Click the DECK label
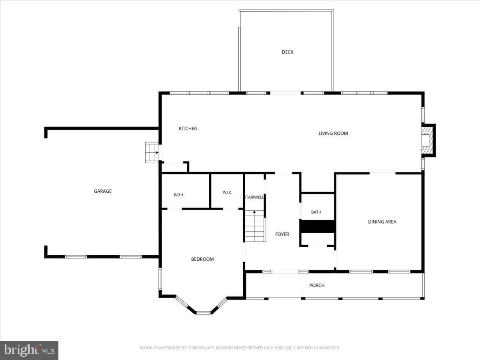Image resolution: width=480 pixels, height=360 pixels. pyautogui.click(x=288, y=52)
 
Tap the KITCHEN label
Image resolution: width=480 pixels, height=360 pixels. pyautogui.click(x=188, y=128)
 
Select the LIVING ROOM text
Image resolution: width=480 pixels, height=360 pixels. pyautogui.click(x=333, y=133)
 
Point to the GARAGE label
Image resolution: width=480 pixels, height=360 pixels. pyautogui.click(x=103, y=191)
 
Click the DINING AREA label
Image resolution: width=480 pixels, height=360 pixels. pyautogui.click(x=382, y=222)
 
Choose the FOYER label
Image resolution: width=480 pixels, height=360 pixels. pyautogui.click(x=282, y=234)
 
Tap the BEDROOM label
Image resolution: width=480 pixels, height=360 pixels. pyautogui.click(x=202, y=259)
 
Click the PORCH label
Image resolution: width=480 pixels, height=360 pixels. pyautogui.click(x=317, y=285)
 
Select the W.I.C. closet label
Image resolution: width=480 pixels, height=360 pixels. pyautogui.click(x=228, y=192)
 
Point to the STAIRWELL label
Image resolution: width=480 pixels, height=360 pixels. pyautogui.click(x=254, y=197)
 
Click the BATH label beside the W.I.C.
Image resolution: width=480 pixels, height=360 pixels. pyautogui.click(x=178, y=195)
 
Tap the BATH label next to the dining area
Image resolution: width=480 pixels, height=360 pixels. pyautogui.click(x=316, y=212)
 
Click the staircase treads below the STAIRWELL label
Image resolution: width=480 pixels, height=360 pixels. pyautogui.click(x=255, y=226)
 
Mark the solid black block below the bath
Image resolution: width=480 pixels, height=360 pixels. pyautogui.click(x=318, y=226)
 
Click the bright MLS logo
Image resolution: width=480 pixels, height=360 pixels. pyautogui.click(x=29, y=350)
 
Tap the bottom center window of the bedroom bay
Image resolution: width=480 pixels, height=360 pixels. pyautogui.click(x=203, y=313)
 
